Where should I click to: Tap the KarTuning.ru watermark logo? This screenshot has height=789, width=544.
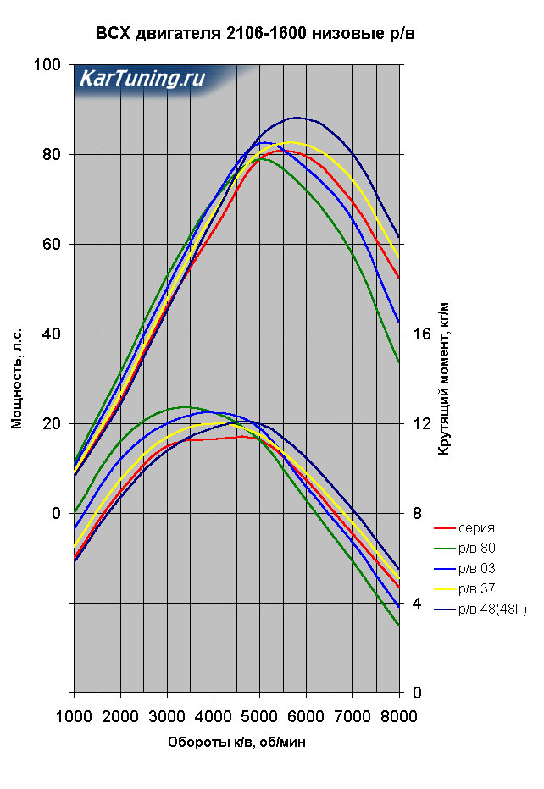[x=142, y=80]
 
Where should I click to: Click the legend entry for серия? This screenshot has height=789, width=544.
[x=477, y=528]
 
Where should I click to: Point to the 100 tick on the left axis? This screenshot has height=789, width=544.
[x=50, y=65]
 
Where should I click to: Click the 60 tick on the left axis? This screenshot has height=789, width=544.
[x=53, y=245]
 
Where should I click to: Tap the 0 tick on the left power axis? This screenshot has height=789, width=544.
[x=57, y=514]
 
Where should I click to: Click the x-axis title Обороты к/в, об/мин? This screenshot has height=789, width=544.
[x=236, y=742]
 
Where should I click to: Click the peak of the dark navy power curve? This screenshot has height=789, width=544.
[x=297, y=118]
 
